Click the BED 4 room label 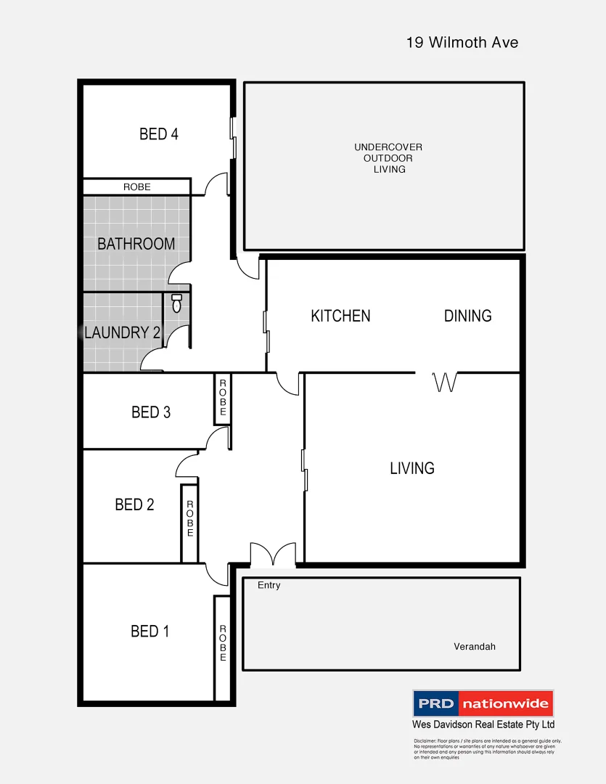(x=159, y=134)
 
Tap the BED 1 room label (x=150, y=632)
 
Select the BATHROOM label (x=136, y=244)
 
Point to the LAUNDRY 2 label (x=122, y=333)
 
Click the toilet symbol (x=176, y=303)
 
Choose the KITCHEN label (x=340, y=316)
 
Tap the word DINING (x=467, y=316)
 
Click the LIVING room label (x=412, y=468)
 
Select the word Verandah (x=475, y=646)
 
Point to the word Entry (x=269, y=585)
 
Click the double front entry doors (x=273, y=555)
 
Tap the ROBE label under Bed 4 (x=136, y=187)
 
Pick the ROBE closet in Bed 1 (x=223, y=644)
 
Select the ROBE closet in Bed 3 (x=223, y=398)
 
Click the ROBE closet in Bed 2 (x=189, y=518)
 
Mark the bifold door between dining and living (x=444, y=382)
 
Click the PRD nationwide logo (x=483, y=703)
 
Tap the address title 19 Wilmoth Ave (x=462, y=43)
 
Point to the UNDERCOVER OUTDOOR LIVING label (x=388, y=158)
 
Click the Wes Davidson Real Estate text (x=483, y=724)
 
